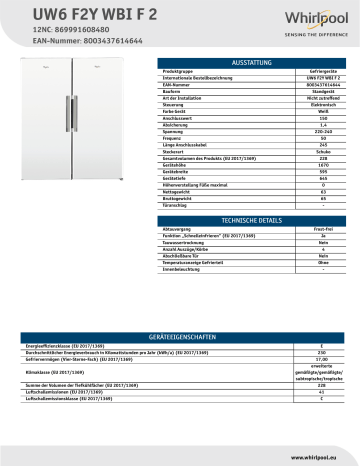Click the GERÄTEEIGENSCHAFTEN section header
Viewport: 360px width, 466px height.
pyautogui.click(x=180, y=338)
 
